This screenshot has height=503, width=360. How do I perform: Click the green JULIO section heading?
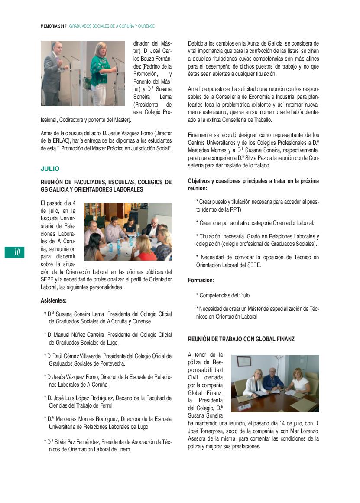[x=50, y=168]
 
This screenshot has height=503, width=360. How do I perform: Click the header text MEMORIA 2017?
[x=54, y=26]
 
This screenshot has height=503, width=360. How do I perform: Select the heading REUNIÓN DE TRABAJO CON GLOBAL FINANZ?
[x=241, y=339]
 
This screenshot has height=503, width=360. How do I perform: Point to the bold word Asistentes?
[x=54, y=300]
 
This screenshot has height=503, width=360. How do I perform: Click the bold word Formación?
[x=201, y=281]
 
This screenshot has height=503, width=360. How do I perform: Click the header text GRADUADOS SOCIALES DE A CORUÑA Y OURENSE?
[x=112, y=26]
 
